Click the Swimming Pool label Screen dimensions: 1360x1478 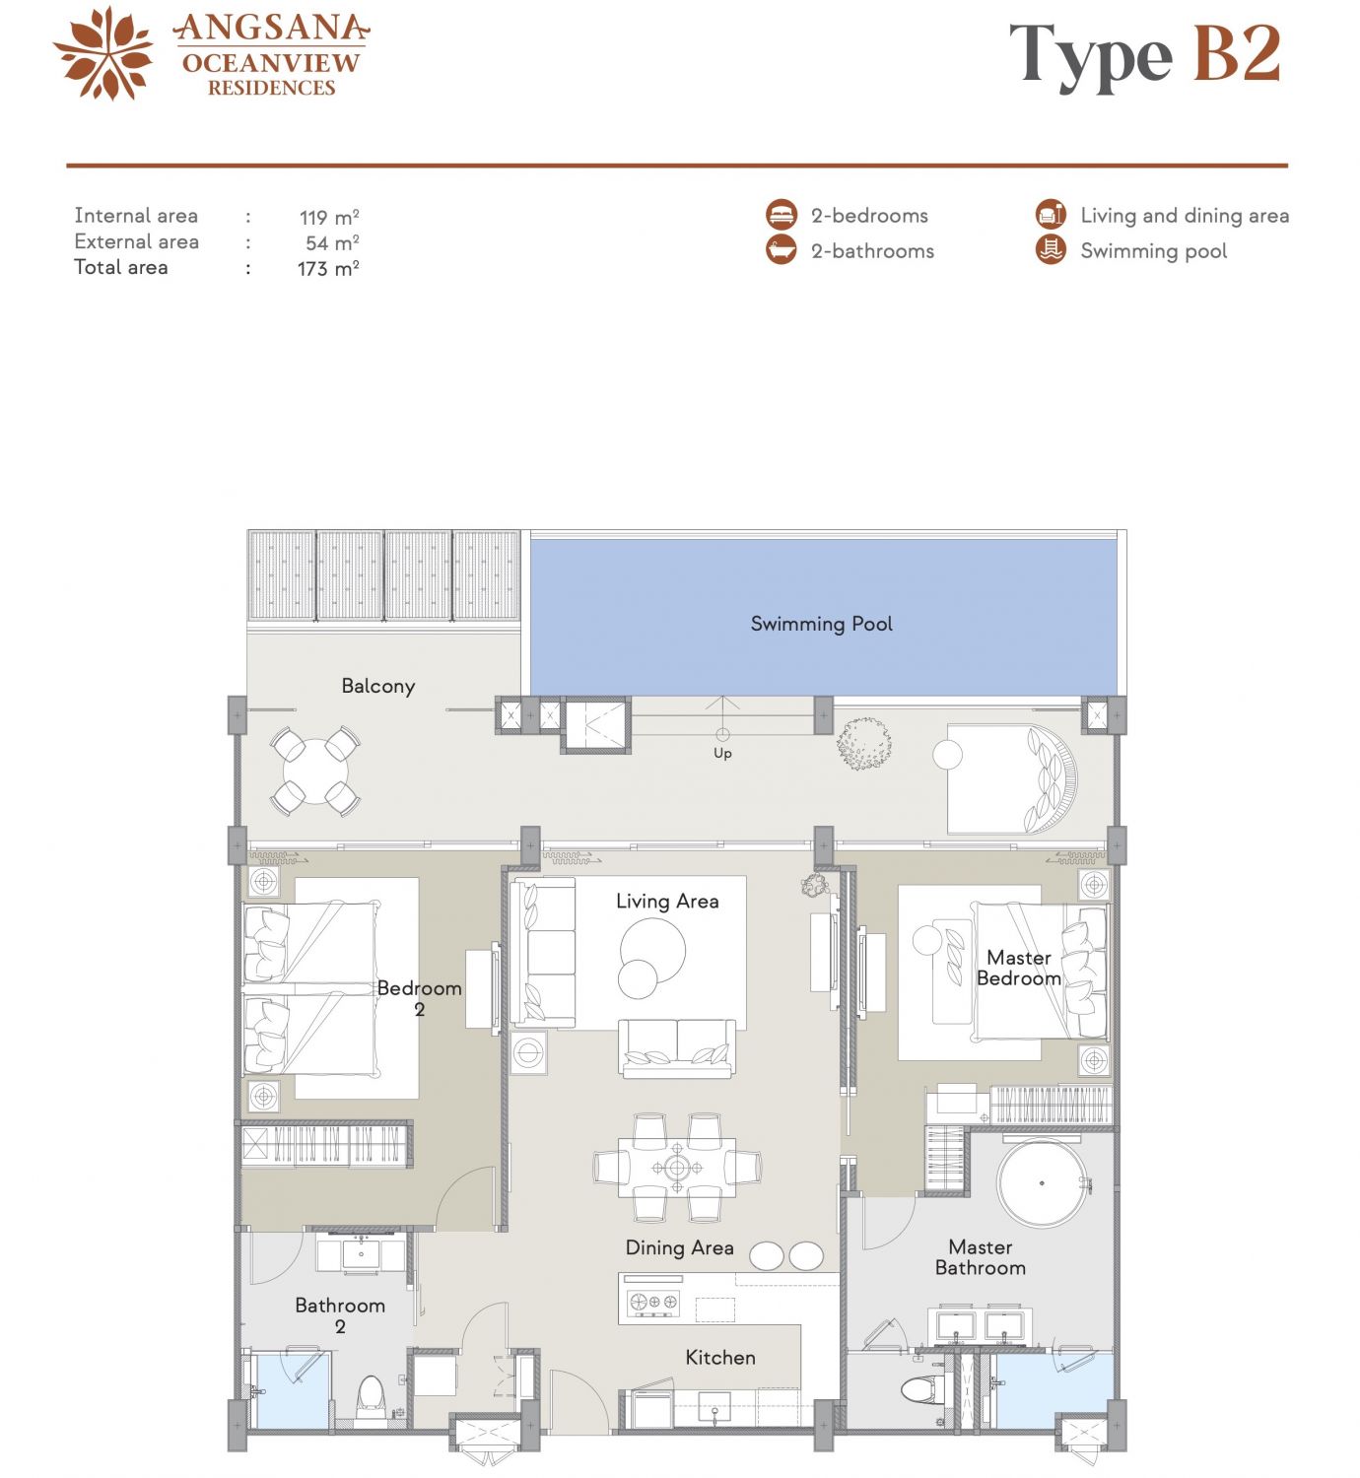tap(821, 624)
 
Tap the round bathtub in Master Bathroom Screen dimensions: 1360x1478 tap(1041, 1183)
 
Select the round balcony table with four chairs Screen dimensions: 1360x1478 tap(315, 771)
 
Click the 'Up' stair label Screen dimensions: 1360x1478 tap(722, 753)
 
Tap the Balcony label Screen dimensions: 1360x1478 tap(378, 686)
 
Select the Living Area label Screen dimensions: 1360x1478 tap(667, 902)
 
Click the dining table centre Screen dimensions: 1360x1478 tap(677, 1167)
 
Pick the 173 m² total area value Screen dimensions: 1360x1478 tap(328, 268)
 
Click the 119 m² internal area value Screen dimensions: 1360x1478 tap(329, 218)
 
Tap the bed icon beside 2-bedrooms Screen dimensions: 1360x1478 tap(782, 215)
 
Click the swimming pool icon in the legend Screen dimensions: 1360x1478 tap(1051, 249)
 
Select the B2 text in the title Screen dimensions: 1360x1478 tap(1237, 53)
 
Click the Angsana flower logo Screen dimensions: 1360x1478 tap(103, 53)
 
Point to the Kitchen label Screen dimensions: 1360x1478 tap(720, 1357)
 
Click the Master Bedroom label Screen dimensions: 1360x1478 tap(1019, 968)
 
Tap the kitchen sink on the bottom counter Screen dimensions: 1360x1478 tap(714, 1407)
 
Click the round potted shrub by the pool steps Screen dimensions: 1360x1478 tap(864, 743)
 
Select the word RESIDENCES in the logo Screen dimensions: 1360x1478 tap(271, 88)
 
